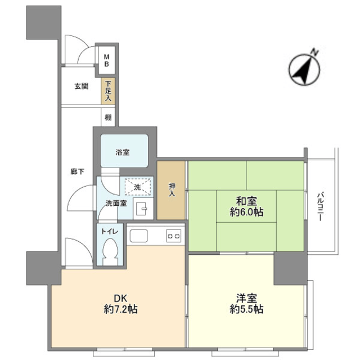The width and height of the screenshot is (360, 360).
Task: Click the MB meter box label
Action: click(106, 60)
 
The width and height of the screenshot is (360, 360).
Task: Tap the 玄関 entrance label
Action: click(82, 86)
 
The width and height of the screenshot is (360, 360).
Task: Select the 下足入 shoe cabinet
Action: click(108, 91)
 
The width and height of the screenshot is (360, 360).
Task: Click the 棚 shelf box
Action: click(108, 118)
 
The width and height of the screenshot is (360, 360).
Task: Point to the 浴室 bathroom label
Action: click(123, 152)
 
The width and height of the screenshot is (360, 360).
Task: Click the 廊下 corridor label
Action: click(78, 172)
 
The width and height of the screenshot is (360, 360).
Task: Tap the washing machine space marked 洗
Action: click(138, 187)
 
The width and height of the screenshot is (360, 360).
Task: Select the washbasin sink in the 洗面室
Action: click(141, 208)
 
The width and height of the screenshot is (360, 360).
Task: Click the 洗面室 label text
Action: click(116, 203)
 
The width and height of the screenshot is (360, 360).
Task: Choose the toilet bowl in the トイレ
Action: click(110, 251)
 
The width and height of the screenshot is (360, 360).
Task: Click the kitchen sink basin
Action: click(139, 236)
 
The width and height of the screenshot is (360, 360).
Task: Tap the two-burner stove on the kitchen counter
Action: click(174, 236)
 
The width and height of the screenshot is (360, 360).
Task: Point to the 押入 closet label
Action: click(172, 190)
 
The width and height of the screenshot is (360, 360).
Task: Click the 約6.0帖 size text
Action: click(246, 212)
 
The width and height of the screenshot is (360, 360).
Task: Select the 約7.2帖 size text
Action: click(120, 309)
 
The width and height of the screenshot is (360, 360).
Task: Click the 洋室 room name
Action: click(246, 299)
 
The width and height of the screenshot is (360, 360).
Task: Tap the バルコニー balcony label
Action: click(320, 207)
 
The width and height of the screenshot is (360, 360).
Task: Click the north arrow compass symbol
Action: click(304, 70)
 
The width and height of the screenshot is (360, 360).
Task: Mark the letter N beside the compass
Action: click(314, 52)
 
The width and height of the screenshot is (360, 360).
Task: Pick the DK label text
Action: click(121, 298)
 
